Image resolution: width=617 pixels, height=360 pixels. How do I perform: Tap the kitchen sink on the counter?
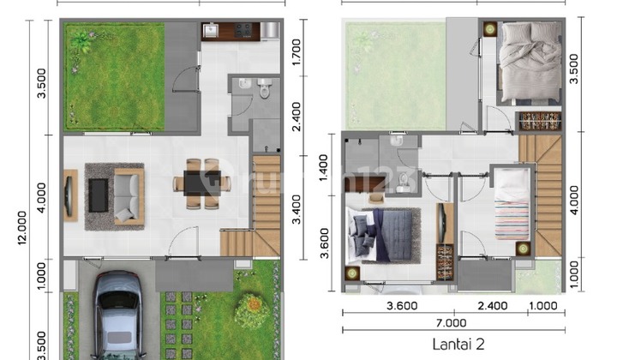[212, 32]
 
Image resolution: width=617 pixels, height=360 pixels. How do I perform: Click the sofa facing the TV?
[129, 195]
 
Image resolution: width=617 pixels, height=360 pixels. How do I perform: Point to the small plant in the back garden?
[81, 39]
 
